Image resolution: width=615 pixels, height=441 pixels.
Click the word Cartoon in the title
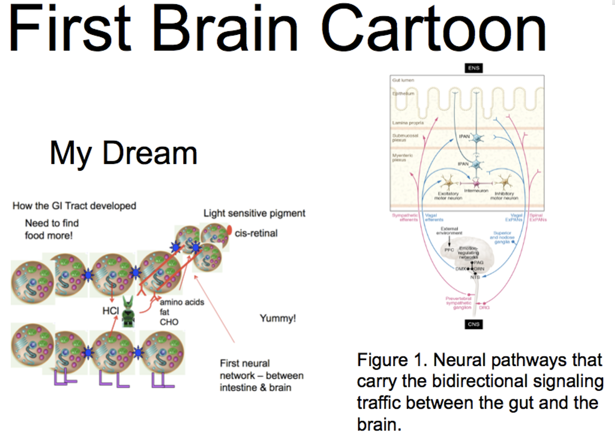(x=434, y=29)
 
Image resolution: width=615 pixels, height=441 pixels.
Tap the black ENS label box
(x=473, y=68)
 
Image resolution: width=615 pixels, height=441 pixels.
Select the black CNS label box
(x=473, y=324)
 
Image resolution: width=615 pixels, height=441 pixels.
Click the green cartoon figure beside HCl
(x=128, y=312)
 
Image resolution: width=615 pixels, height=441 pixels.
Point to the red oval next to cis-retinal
(x=229, y=230)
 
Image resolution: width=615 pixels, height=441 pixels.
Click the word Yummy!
(x=278, y=318)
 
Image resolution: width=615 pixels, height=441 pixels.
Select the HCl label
(x=110, y=311)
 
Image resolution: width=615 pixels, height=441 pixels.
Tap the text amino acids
(x=182, y=302)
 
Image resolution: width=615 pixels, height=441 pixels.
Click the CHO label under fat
(x=169, y=322)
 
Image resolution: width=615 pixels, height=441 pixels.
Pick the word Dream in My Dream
(x=150, y=153)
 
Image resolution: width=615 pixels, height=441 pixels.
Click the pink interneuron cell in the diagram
(x=476, y=184)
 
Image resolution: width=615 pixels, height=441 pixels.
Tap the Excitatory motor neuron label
(x=448, y=196)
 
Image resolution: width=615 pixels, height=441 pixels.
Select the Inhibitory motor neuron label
(x=504, y=196)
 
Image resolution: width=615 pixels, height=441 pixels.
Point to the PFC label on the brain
(x=449, y=250)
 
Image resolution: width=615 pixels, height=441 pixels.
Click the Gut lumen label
(x=403, y=80)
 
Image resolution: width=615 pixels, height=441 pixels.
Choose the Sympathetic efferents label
(x=405, y=217)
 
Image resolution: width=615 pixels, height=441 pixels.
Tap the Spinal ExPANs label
(x=538, y=217)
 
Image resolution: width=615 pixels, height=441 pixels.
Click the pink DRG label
(x=484, y=308)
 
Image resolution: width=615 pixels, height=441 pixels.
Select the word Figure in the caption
(x=382, y=360)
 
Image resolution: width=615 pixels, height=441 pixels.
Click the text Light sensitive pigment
(x=254, y=213)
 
